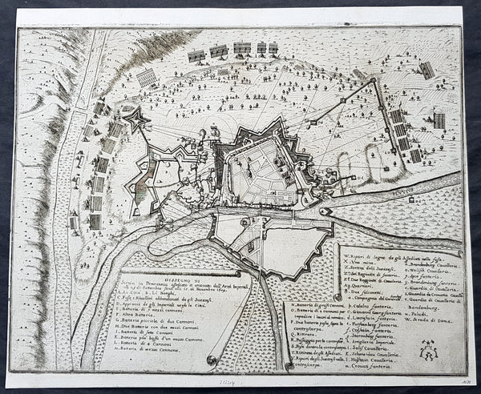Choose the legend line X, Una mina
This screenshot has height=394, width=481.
coord(360,259)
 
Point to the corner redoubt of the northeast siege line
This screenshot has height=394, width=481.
coord(374,82)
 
